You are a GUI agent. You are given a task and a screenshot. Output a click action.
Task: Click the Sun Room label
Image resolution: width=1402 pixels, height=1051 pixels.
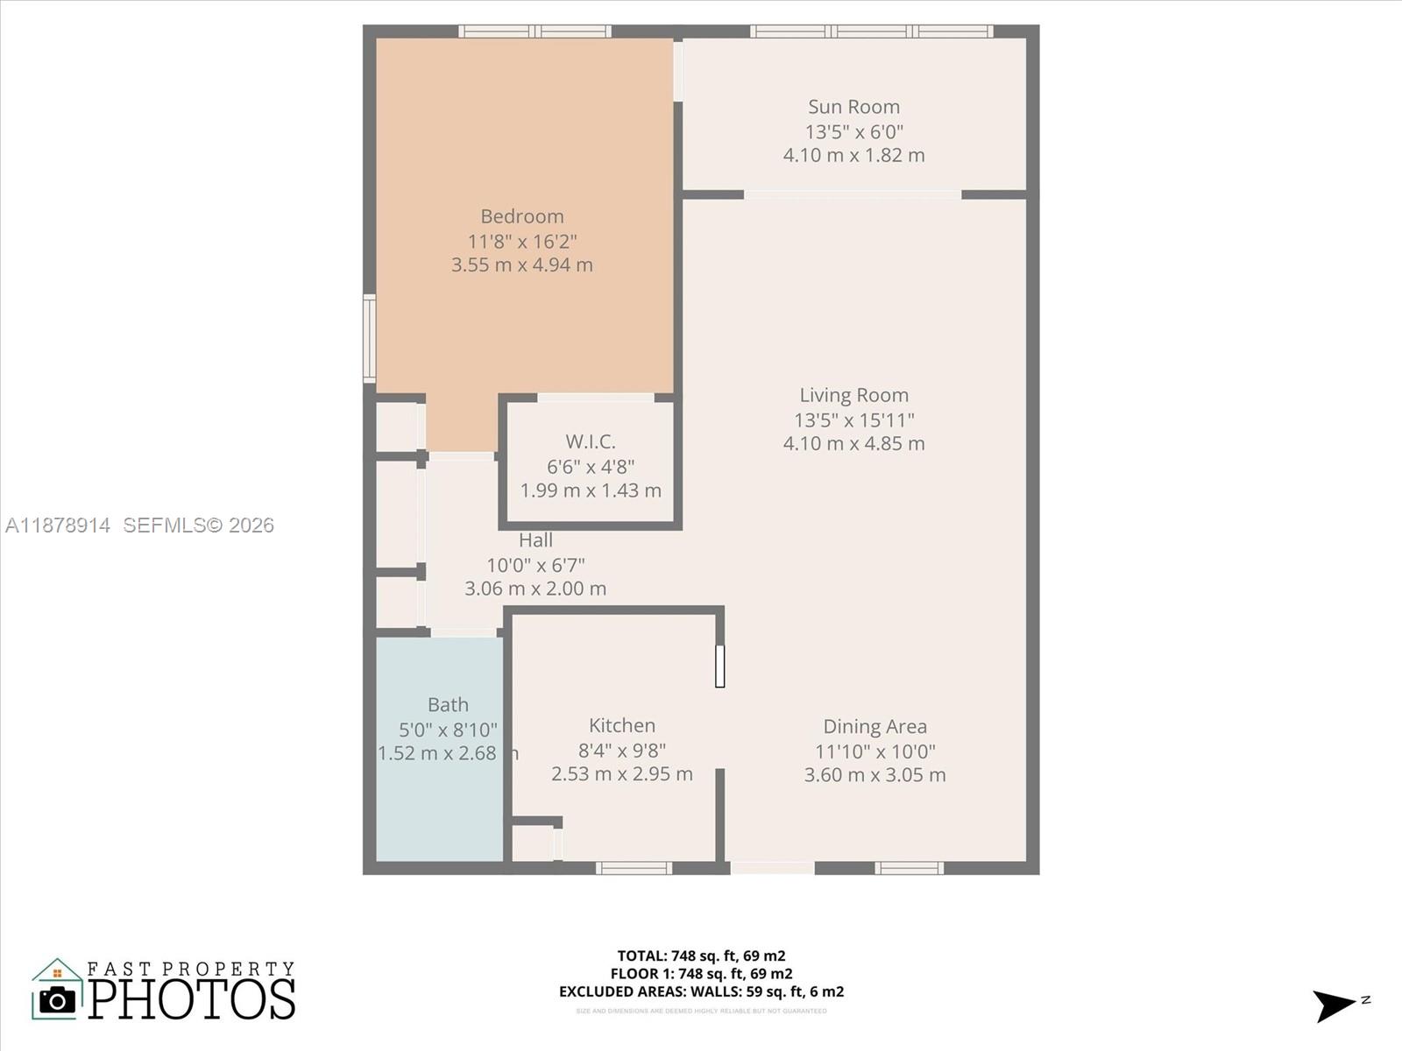[853, 107]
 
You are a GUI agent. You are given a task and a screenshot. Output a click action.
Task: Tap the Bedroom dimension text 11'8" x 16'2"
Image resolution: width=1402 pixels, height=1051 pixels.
[522, 241]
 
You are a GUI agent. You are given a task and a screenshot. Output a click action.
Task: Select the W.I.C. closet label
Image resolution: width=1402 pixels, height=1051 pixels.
[591, 441]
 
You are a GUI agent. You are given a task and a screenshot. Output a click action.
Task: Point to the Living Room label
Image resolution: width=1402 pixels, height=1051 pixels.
[853, 395]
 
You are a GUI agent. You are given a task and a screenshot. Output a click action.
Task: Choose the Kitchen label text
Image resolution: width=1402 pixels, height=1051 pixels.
[622, 725]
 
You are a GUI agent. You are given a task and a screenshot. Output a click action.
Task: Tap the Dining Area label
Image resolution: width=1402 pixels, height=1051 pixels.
[874, 726]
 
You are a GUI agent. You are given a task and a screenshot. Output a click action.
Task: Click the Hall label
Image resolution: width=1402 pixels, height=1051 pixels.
[535, 540]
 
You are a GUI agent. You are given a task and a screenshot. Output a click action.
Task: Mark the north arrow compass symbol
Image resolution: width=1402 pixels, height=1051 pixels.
[1335, 1005]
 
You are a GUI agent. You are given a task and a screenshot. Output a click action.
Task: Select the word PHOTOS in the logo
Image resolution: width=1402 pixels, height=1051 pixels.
[192, 999]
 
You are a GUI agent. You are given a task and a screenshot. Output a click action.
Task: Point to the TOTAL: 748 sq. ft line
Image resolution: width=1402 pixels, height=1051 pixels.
[701, 956]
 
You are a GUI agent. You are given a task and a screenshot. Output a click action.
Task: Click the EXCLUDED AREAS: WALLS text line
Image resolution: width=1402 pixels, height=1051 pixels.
[701, 991]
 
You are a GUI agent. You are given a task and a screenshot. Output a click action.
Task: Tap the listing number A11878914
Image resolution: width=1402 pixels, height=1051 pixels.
[58, 525]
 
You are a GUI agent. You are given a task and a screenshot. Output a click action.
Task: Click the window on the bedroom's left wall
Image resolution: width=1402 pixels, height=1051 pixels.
[370, 338]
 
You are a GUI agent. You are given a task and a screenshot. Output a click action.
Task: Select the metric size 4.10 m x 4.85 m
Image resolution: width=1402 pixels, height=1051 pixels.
[853, 443]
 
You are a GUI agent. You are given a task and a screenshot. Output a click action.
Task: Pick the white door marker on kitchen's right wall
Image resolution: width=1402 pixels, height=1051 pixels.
[719, 666]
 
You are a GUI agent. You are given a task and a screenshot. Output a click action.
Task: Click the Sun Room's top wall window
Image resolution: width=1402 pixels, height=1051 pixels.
[872, 32]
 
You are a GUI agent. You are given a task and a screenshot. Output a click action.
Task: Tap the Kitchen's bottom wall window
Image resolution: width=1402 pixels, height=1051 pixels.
[634, 868]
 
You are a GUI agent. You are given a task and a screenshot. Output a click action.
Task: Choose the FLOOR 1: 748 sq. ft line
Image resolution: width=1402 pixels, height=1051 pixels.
[701, 973]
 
